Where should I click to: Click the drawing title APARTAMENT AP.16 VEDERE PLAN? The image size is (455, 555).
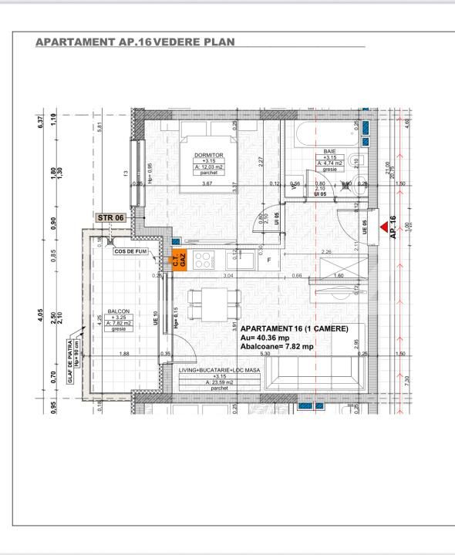pos(136,40)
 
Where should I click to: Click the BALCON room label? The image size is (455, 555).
pos(118,311)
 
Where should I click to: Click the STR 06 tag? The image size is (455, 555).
pos(110,218)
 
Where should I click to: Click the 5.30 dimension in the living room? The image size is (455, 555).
pos(265,354)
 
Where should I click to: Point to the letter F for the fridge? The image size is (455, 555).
pos(268,260)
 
